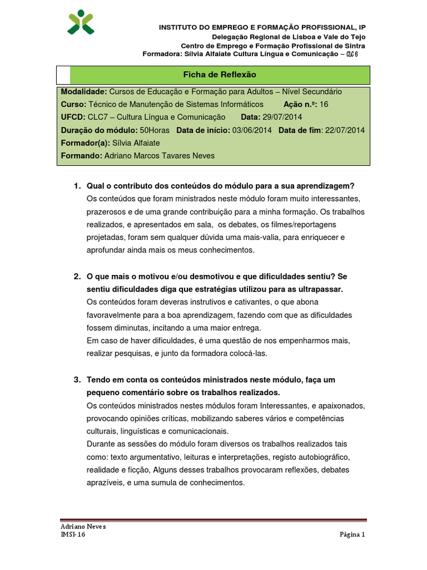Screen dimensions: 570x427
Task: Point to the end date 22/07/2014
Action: point(345,130)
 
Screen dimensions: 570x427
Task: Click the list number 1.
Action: point(77,185)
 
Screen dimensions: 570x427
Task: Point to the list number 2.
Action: point(77,276)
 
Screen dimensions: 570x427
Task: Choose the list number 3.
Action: point(77,380)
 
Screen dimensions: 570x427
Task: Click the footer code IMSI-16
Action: point(73,535)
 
